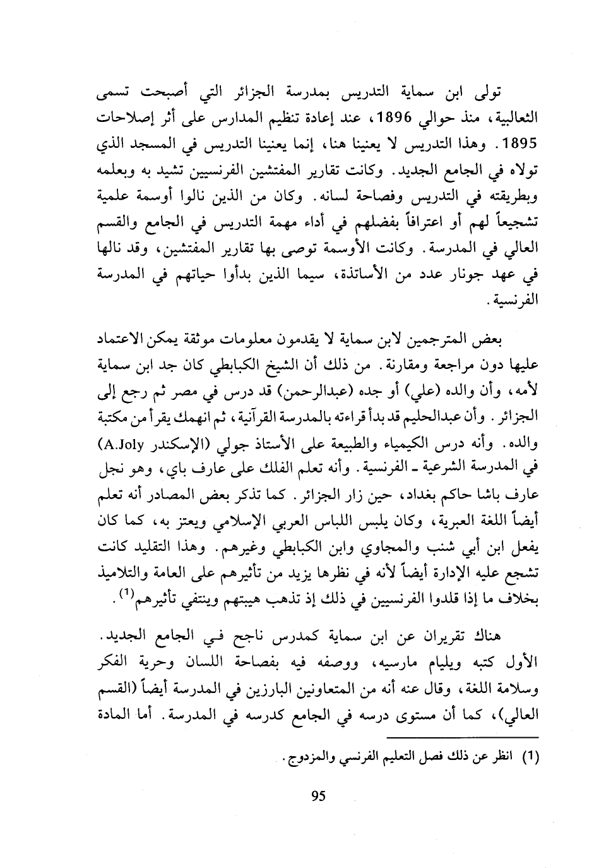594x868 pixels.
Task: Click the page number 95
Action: (x=318, y=795)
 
